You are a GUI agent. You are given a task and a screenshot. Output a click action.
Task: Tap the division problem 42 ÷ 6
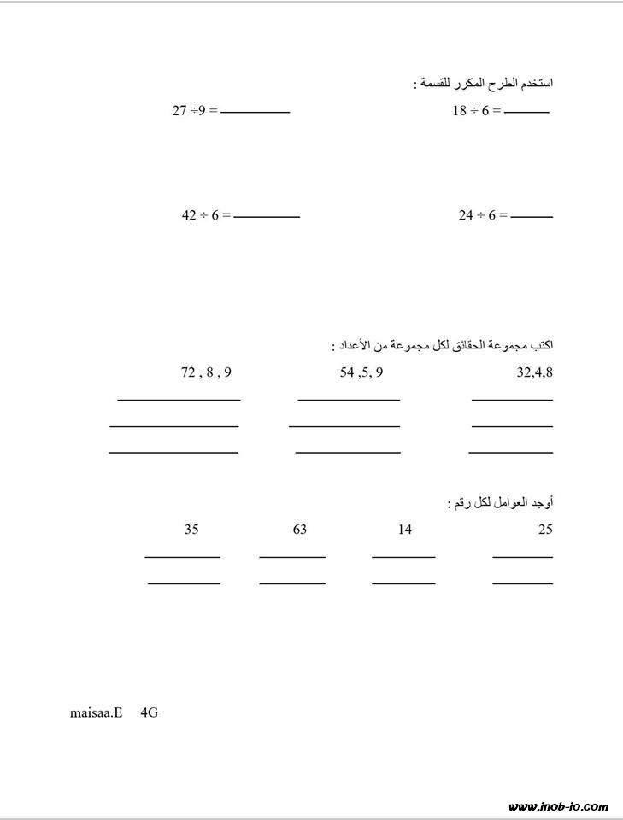(x=205, y=216)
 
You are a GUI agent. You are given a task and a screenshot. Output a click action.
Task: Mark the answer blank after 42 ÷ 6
(x=267, y=217)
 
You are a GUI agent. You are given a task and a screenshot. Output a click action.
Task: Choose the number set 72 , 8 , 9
(x=206, y=372)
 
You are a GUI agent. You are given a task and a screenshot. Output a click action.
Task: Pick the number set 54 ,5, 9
(x=361, y=372)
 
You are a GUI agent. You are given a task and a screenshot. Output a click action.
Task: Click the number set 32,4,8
(x=535, y=372)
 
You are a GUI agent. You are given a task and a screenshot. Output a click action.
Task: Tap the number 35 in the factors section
(x=191, y=530)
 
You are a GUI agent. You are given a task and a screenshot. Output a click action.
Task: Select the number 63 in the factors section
(x=299, y=530)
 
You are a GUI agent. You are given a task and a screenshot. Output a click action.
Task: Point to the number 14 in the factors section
(x=404, y=530)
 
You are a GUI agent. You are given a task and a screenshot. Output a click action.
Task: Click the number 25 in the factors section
(x=545, y=530)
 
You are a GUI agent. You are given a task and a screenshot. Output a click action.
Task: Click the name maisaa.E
(x=97, y=712)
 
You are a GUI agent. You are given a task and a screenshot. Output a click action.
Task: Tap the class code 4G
(x=149, y=712)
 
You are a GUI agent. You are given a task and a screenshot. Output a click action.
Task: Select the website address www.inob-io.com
(x=558, y=806)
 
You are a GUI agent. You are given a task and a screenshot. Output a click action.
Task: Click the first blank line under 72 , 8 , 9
(x=179, y=399)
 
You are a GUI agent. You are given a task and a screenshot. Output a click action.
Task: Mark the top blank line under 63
(x=292, y=557)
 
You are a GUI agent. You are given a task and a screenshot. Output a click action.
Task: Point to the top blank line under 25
(x=522, y=557)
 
